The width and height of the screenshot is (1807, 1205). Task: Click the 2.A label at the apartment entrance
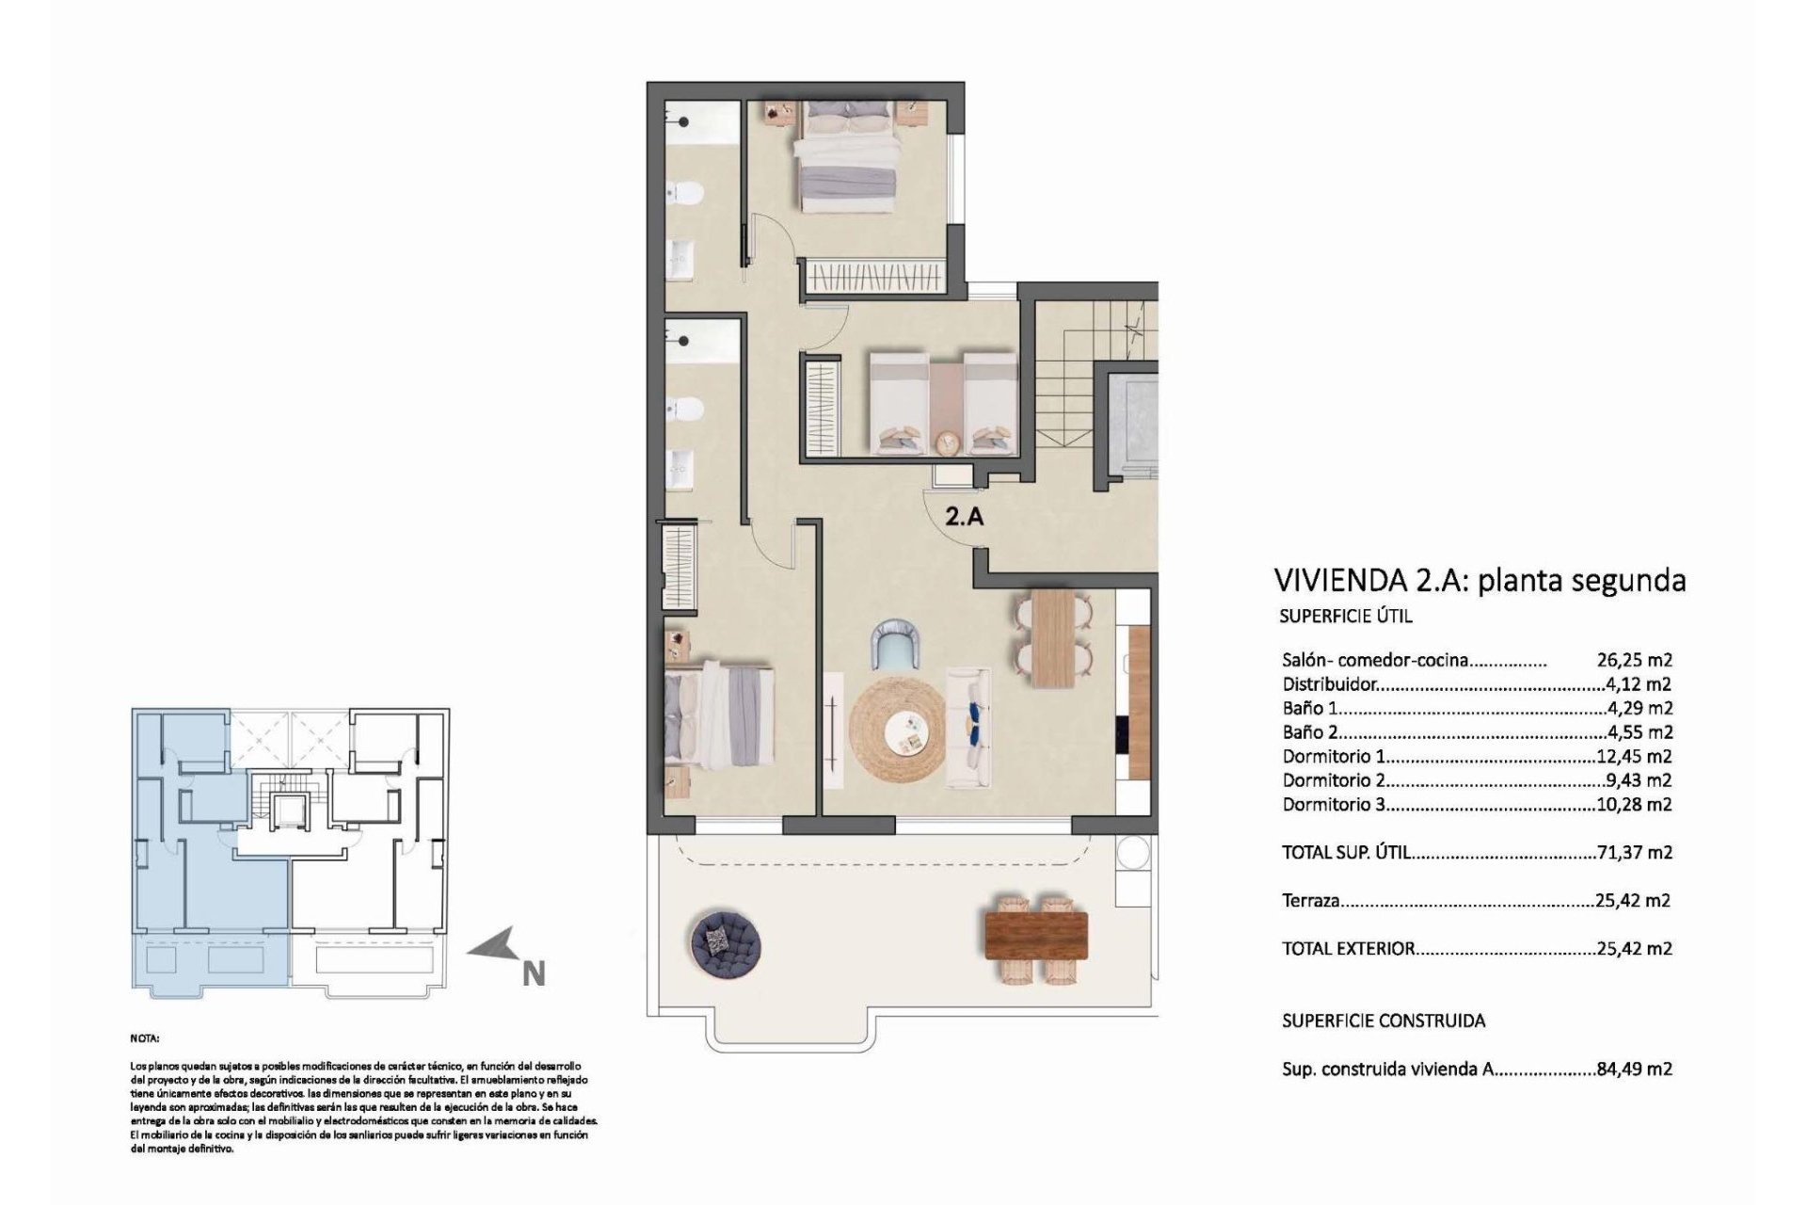point(965,516)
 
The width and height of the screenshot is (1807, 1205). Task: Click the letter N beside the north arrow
point(534,973)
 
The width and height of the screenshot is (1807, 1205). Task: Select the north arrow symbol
point(493,943)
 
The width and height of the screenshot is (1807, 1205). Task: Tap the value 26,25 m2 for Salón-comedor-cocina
point(1634,660)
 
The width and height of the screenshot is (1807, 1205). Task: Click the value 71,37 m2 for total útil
point(1635,852)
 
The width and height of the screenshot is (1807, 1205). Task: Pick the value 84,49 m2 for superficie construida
point(1635,1068)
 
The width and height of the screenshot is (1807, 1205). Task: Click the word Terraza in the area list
point(1310,901)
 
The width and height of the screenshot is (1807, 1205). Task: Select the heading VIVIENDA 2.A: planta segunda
point(1479,580)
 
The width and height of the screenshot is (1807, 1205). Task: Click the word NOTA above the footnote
point(145,1038)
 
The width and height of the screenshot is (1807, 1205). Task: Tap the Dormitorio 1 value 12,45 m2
point(1635,756)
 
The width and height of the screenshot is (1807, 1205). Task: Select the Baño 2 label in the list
point(1308,731)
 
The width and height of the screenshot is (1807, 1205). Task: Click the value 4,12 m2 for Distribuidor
point(1639,684)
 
